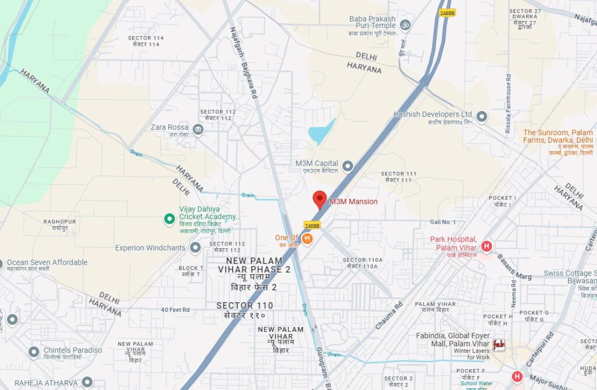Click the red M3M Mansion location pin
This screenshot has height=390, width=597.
[x=319, y=199]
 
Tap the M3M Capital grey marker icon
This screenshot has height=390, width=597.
[x=347, y=167]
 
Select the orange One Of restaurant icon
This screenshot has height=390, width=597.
[x=308, y=238]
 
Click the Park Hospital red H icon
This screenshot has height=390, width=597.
[x=486, y=247]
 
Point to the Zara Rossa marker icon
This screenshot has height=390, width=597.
[x=198, y=129]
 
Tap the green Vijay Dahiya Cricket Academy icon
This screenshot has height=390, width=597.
[x=169, y=219]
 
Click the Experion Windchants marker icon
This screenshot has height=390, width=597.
[x=195, y=248]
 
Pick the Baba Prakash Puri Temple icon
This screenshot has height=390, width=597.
[x=406, y=24]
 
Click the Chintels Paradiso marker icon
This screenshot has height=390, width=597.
[x=34, y=352]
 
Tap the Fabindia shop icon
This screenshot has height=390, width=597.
[x=498, y=345]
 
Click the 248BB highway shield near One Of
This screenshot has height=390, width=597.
[x=312, y=225]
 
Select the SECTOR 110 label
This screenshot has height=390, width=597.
[x=245, y=305]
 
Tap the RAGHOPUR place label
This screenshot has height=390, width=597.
[x=59, y=222]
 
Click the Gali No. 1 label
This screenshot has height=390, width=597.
[x=443, y=222]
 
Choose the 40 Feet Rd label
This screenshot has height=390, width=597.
[x=175, y=310]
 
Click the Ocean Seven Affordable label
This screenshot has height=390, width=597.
[x=47, y=262]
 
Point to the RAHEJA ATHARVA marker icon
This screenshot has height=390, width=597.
[x=87, y=382]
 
